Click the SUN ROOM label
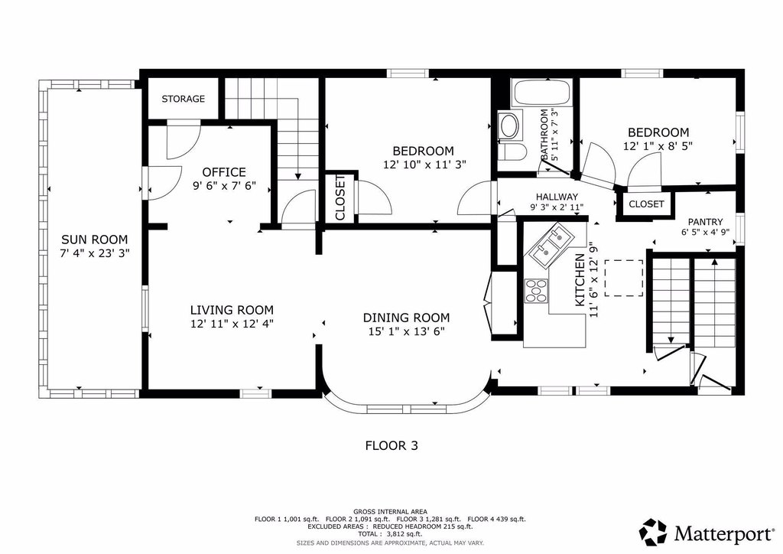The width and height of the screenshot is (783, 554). tap(94, 240)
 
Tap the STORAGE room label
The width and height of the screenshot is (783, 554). tap(184, 99)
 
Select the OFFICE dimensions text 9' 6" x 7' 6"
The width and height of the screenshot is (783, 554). tap(224, 186)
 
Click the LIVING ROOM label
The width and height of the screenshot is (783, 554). tap(232, 310)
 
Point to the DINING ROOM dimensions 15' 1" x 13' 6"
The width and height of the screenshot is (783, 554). tap(406, 331)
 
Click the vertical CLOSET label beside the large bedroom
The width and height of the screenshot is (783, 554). tap(340, 197)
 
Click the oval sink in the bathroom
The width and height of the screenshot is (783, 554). tap(509, 125)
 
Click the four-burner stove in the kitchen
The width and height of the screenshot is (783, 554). tap(536, 291)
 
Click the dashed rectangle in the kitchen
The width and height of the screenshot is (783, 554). tap(624, 278)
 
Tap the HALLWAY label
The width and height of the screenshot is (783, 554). tap(557, 197)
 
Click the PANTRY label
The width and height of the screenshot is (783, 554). tap(705, 222)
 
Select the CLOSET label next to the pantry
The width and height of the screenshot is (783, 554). tap(646, 204)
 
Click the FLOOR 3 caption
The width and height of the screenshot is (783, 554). tap(391, 445)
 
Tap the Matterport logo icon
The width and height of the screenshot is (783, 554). tap(654, 533)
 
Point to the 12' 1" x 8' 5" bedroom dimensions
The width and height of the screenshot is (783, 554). tap(658, 146)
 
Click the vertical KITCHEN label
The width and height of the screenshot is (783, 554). tap(580, 280)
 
